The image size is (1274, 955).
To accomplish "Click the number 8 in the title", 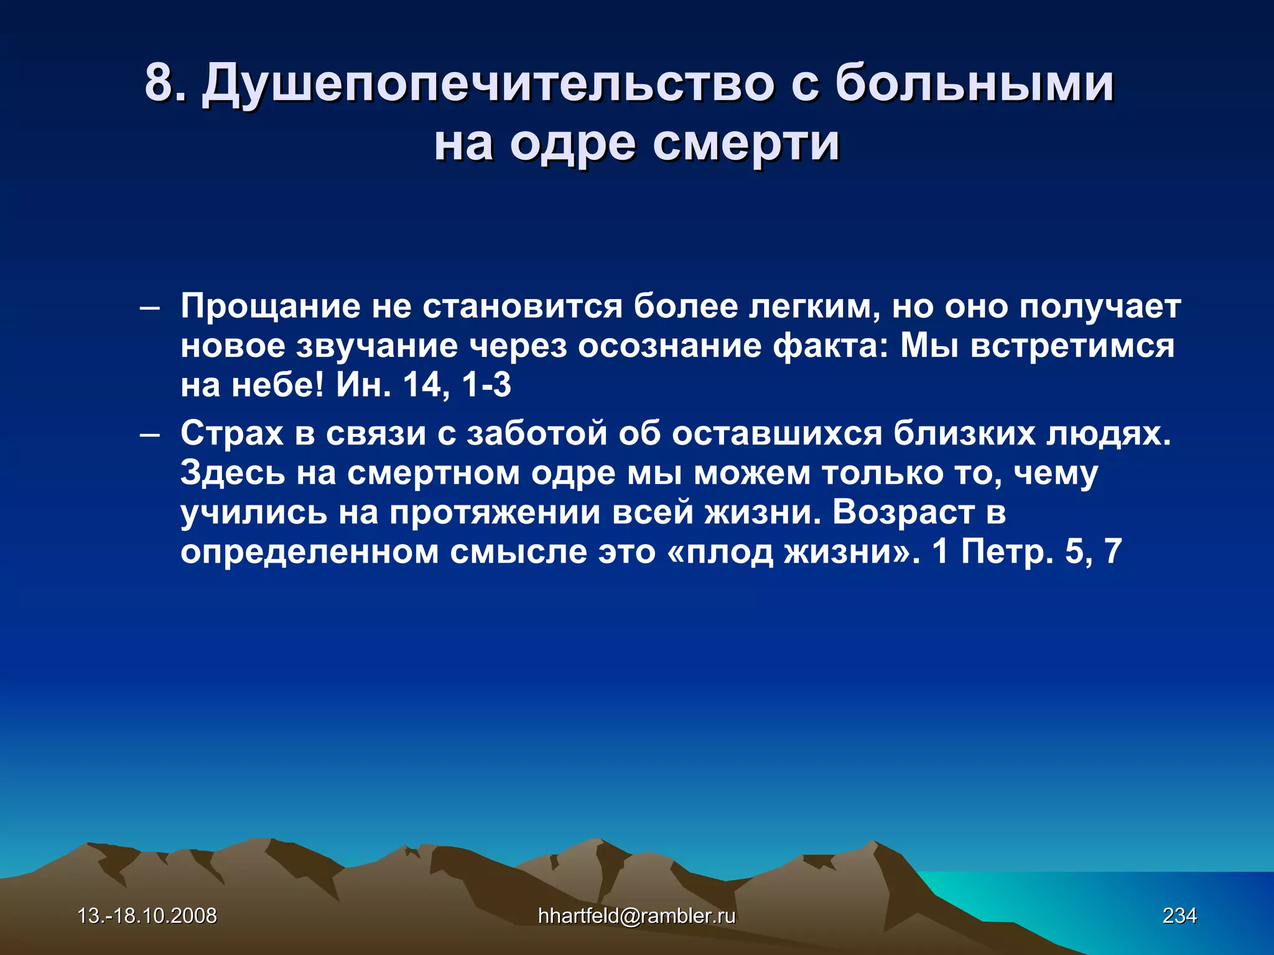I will [x=158, y=83].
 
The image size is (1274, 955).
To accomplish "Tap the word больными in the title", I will [x=974, y=83].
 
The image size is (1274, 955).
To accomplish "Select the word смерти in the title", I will [x=746, y=144].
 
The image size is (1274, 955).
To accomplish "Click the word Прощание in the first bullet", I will [x=270, y=307].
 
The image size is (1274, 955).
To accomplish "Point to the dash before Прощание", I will [x=149, y=308].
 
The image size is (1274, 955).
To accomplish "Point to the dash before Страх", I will [x=149, y=435].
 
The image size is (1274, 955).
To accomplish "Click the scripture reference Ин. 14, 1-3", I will [x=423, y=385].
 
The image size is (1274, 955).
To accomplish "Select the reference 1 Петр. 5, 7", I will [x=1026, y=551].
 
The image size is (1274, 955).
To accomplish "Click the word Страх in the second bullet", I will [x=231, y=433].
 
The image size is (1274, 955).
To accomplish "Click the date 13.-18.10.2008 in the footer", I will [x=147, y=916].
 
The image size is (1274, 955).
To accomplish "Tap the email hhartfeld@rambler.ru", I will [x=636, y=916].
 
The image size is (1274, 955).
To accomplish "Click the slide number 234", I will [x=1179, y=916].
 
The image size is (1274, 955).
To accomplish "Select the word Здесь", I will [x=233, y=474].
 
